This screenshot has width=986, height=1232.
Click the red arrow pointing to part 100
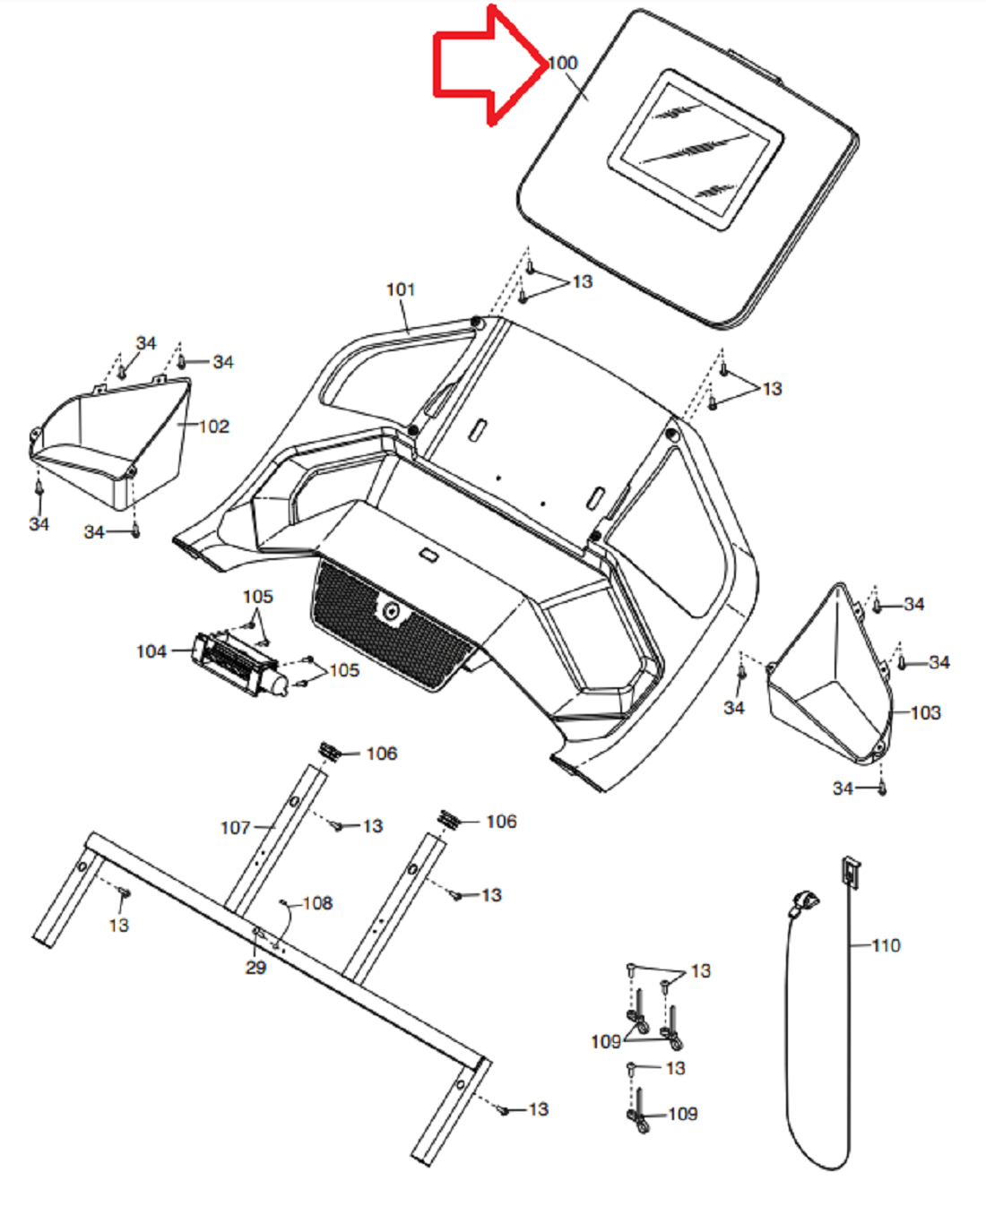[x=489, y=65]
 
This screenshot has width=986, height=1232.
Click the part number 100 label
[x=563, y=63]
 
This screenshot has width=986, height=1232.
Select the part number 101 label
[x=401, y=289]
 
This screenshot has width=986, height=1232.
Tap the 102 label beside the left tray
[x=213, y=426]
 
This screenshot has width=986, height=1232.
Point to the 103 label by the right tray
[x=925, y=712]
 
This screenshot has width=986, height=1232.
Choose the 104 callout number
[x=151, y=651]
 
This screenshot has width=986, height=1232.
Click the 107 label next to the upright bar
[x=236, y=828]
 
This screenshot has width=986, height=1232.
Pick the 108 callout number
[x=317, y=903]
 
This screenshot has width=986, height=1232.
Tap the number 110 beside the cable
[x=886, y=945]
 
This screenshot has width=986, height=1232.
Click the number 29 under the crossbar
[x=255, y=968]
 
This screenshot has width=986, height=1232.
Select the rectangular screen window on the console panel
[x=696, y=150]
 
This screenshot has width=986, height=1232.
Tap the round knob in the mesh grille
[x=392, y=610]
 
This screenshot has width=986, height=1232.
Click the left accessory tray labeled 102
[x=110, y=444]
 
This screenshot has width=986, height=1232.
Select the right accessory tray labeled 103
[x=830, y=675]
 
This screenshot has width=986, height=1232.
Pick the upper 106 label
[x=382, y=754]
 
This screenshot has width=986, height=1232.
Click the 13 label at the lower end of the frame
[x=538, y=1109]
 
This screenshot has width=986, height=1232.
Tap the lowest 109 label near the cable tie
[x=683, y=1114]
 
